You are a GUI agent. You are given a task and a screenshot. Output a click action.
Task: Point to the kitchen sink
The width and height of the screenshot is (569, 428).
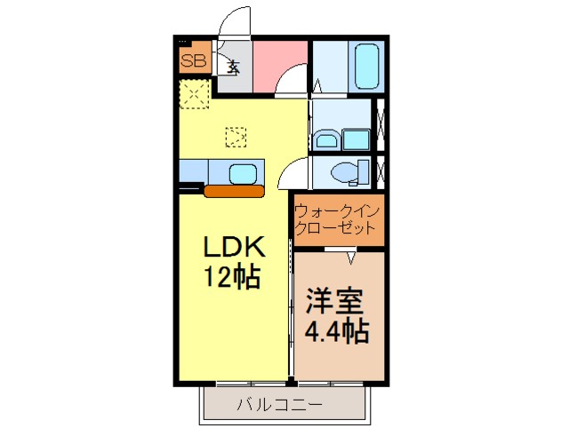[243, 172]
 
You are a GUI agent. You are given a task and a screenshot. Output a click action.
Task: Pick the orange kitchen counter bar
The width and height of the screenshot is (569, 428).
[234, 190]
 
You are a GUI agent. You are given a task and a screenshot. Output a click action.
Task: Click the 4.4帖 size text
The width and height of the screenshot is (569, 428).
[337, 331]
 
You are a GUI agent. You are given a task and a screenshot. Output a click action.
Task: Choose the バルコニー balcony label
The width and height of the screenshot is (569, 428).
[279, 406]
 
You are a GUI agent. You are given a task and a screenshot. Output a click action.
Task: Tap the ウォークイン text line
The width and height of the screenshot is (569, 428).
[339, 211]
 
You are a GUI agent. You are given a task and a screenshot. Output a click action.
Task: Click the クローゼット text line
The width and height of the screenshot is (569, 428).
[339, 228]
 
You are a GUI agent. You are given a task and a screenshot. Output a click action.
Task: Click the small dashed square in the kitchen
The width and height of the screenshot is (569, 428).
[236, 137]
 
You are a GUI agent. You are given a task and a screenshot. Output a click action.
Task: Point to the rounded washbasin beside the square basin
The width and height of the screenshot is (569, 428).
[325, 140]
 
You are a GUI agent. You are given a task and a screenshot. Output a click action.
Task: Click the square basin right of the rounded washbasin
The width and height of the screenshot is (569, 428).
[357, 139]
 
